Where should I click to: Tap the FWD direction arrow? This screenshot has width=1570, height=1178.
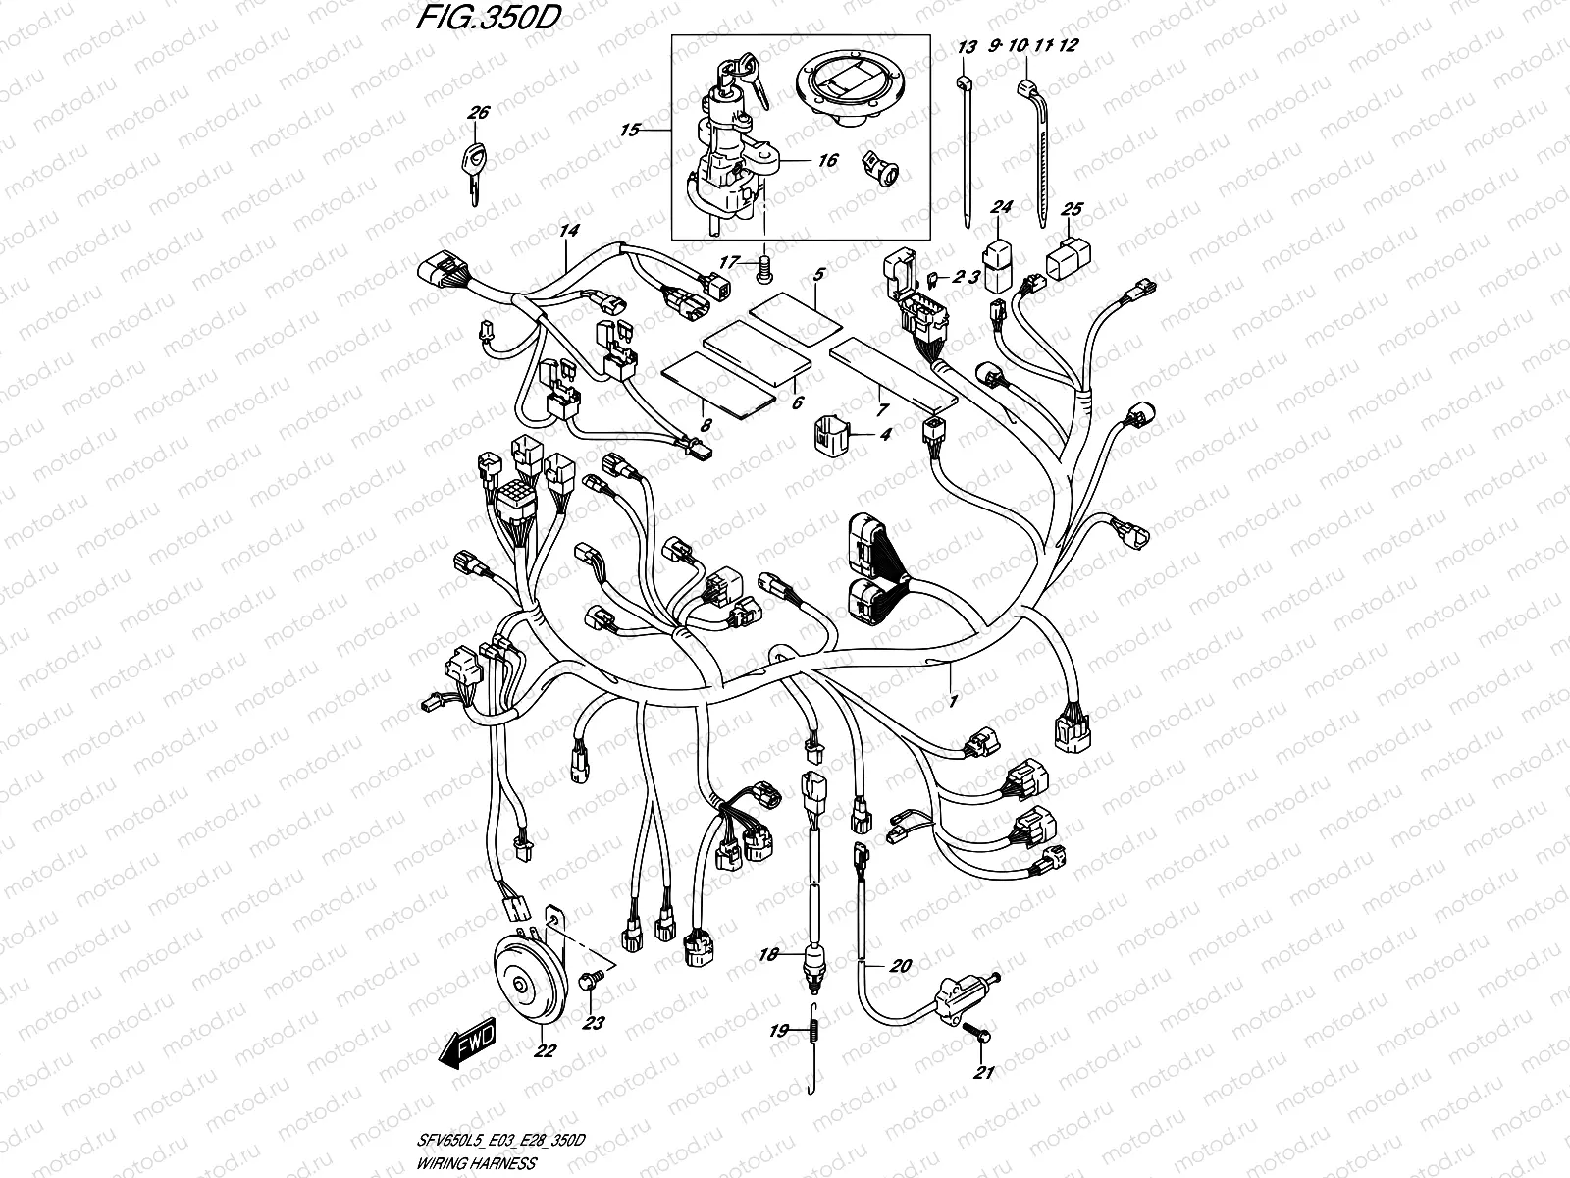[469, 1043]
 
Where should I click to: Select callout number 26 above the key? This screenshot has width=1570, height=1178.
[478, 114]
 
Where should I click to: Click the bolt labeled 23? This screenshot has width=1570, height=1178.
[591, 982]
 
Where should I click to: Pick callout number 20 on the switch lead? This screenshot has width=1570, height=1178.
[901, 966]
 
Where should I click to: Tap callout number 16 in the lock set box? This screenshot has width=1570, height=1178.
[828, 160]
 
